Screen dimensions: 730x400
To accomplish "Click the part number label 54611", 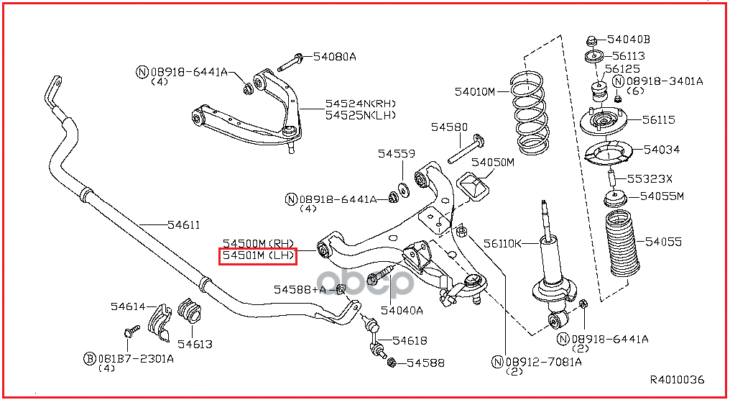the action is tap(184, 224).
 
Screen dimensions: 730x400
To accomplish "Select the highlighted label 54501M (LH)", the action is tap(258, 255).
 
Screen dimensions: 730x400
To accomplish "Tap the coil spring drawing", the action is tap(529, 113).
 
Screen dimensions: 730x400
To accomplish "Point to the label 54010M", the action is tap(475, 91).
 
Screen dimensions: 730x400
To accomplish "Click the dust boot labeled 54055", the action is tap(622, 243).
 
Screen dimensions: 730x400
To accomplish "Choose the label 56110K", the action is tap(502, 243).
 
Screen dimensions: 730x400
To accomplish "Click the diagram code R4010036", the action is tap(677, 379).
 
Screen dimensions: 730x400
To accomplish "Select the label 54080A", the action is tap(334, 56).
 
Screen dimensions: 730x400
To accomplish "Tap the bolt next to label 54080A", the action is tap(290, 63).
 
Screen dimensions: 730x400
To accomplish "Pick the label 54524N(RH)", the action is tap(361, 104).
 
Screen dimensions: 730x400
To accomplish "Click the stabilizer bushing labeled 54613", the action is tap(189, 311).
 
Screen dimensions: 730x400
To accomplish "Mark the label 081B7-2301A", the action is tap(136, 358).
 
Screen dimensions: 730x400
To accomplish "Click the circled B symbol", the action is tap(89, 358).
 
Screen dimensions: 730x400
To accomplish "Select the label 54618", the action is tap(410, 341).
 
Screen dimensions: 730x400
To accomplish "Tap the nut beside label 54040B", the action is tap(591, 40).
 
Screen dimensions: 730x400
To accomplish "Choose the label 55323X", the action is tap(650, 178).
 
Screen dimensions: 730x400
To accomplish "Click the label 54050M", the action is tap(493, 163).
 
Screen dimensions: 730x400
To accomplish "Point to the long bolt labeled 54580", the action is tap(466, 149).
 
